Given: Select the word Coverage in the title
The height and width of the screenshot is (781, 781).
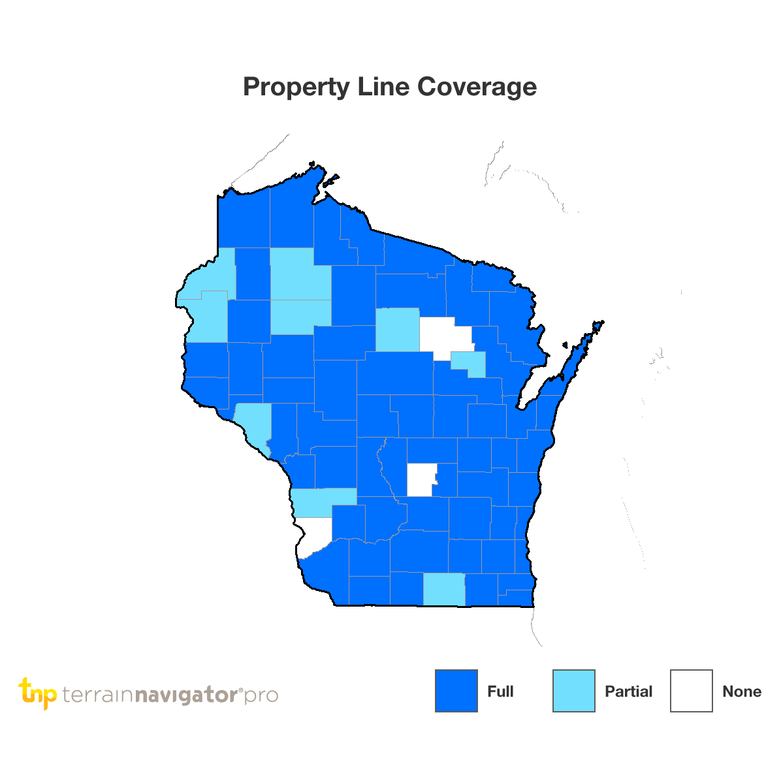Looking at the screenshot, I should click(x=477, y=87).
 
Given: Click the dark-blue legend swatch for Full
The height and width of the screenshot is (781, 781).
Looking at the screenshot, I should click(x=456, y=691).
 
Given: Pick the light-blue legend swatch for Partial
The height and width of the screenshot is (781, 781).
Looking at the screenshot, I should click(x=573, y=691).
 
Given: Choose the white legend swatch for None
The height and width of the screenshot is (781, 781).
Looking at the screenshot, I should click(x=691, y=691).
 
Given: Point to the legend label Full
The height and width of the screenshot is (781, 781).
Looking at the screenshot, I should click(x=500, y=692).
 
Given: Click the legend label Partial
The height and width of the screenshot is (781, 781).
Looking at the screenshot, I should click(x=628, y=692).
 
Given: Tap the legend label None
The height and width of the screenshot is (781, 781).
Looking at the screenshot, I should click(x=742, y=692).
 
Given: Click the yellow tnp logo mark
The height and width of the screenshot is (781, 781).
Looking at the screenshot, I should click(x=38, y=693).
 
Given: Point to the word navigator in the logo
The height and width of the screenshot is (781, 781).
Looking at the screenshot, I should click(x=186, y=695).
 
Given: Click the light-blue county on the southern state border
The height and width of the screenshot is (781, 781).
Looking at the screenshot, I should click(x=444, y=589).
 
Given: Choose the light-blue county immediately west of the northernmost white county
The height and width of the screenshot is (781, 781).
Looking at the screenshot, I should click(x=397, y=329).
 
